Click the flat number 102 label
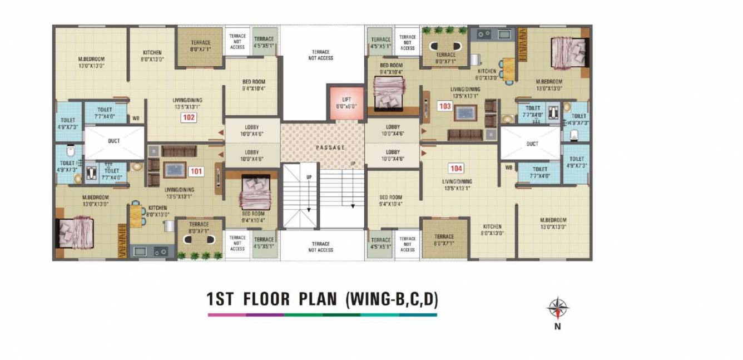pos(189,117)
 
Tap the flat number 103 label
pos(444,106)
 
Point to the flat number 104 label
pos(456,168)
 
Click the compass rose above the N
pos(557,307)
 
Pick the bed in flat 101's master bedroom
pos(76,233)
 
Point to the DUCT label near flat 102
pos(114,141)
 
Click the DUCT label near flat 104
pos(532,144)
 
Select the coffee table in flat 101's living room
pos(175,169)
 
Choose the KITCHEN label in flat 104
pos(492,230)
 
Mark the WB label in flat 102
pos(136,119)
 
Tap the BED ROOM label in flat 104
pos(391,200)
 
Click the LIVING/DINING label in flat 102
pos(186,103)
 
